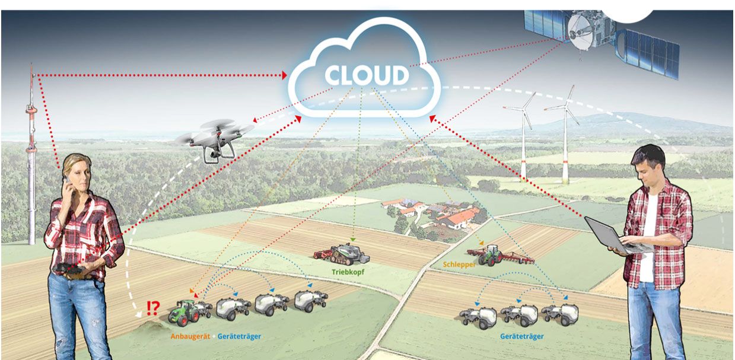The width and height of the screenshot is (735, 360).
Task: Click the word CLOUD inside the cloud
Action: point(367,75)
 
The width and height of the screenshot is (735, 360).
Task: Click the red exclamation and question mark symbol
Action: point(152,307)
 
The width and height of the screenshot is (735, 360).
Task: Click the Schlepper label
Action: point(459,265)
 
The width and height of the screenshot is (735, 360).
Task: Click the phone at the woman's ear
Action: point(67,179)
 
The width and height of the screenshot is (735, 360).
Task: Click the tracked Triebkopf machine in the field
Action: point(343,253)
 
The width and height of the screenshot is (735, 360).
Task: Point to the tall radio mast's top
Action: point(31,69)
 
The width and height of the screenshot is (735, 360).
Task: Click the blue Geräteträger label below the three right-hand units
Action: point(522,336)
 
